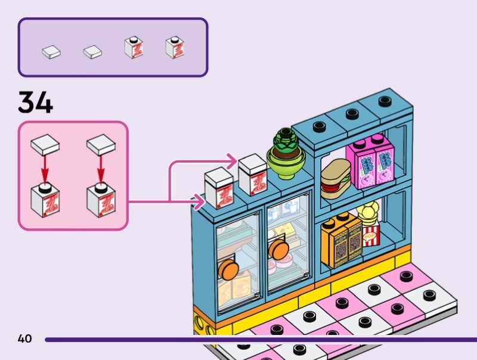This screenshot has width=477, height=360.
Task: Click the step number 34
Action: pyautogui.click(x=35, y=103)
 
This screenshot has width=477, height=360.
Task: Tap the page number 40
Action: pyautogui.click(x=24, y=339)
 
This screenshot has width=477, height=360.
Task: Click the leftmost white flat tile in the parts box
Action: pyautogui.click(x=51, y=51)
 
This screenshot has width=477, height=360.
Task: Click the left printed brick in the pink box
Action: pyautogui.click(x=45, y=200)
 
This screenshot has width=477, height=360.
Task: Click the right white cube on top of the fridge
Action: pyautogui.click(x=252, y=173)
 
